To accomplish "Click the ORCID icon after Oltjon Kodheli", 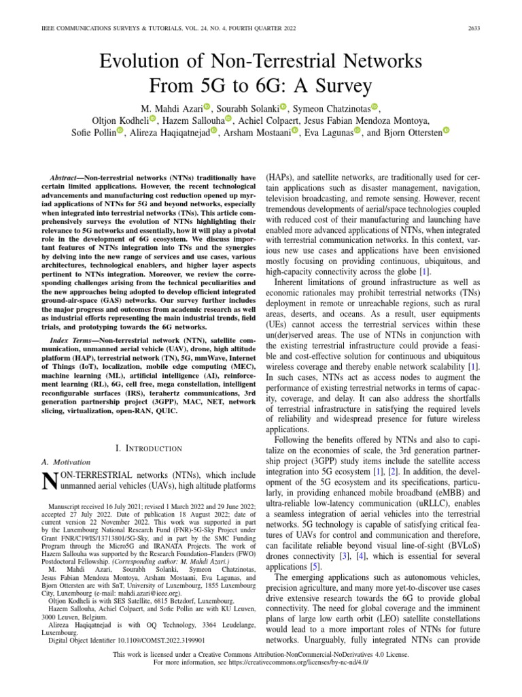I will (x=153, y=119).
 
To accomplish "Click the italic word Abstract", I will (x=71, y=176).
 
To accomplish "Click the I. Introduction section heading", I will (x=149, y=448).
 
